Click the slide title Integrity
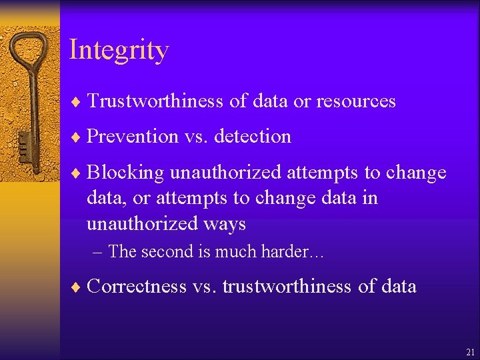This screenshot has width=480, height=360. coord(119,51)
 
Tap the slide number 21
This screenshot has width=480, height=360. coord(471,351)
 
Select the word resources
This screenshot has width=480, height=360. coord(355,101)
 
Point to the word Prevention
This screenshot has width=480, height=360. coord(132,137)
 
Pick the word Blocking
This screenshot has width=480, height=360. coord(125,173)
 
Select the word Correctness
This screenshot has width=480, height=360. coord(137,287)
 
